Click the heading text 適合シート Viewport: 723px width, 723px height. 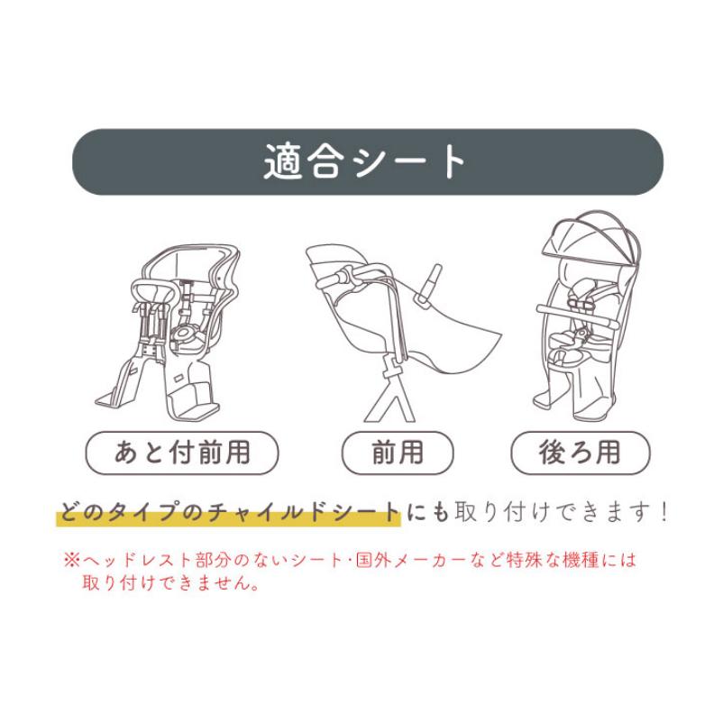point(366,162)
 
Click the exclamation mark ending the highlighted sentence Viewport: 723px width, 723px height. point(664,513)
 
